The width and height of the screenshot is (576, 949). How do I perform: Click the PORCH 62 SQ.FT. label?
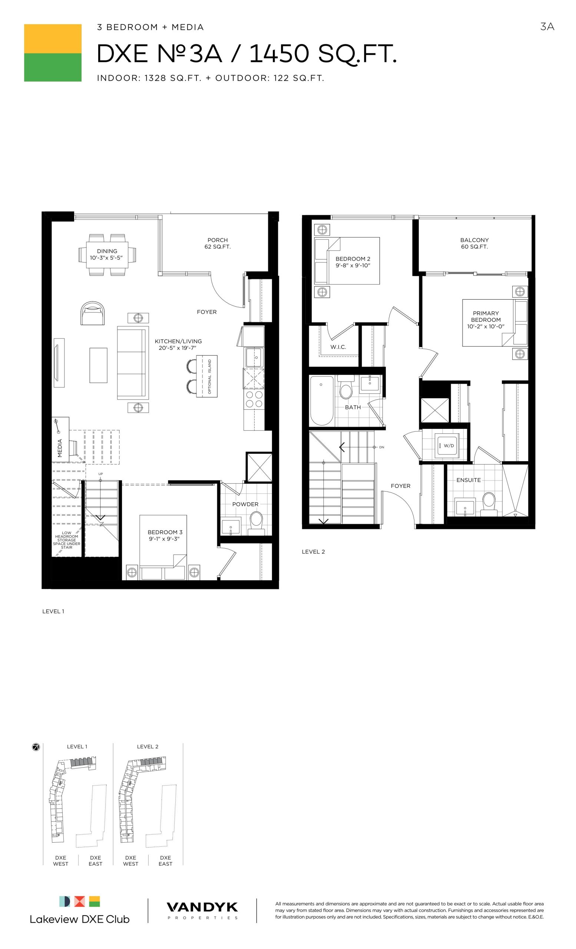218,243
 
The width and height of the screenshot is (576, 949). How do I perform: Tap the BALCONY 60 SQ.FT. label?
474,243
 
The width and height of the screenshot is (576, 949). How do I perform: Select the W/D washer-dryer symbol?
447,446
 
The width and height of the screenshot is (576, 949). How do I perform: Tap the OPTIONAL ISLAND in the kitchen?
207,376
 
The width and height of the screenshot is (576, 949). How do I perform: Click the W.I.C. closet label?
338,347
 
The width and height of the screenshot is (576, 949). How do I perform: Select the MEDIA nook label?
60,448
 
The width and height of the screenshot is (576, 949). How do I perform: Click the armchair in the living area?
93,313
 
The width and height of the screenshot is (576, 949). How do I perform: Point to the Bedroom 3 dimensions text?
165,539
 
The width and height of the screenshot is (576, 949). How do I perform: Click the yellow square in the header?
53,39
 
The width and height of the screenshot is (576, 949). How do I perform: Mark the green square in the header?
53,67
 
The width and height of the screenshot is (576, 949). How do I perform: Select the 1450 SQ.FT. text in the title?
322,53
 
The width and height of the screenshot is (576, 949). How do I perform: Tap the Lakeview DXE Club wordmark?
80,919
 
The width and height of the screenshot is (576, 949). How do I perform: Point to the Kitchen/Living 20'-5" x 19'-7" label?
178,344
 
